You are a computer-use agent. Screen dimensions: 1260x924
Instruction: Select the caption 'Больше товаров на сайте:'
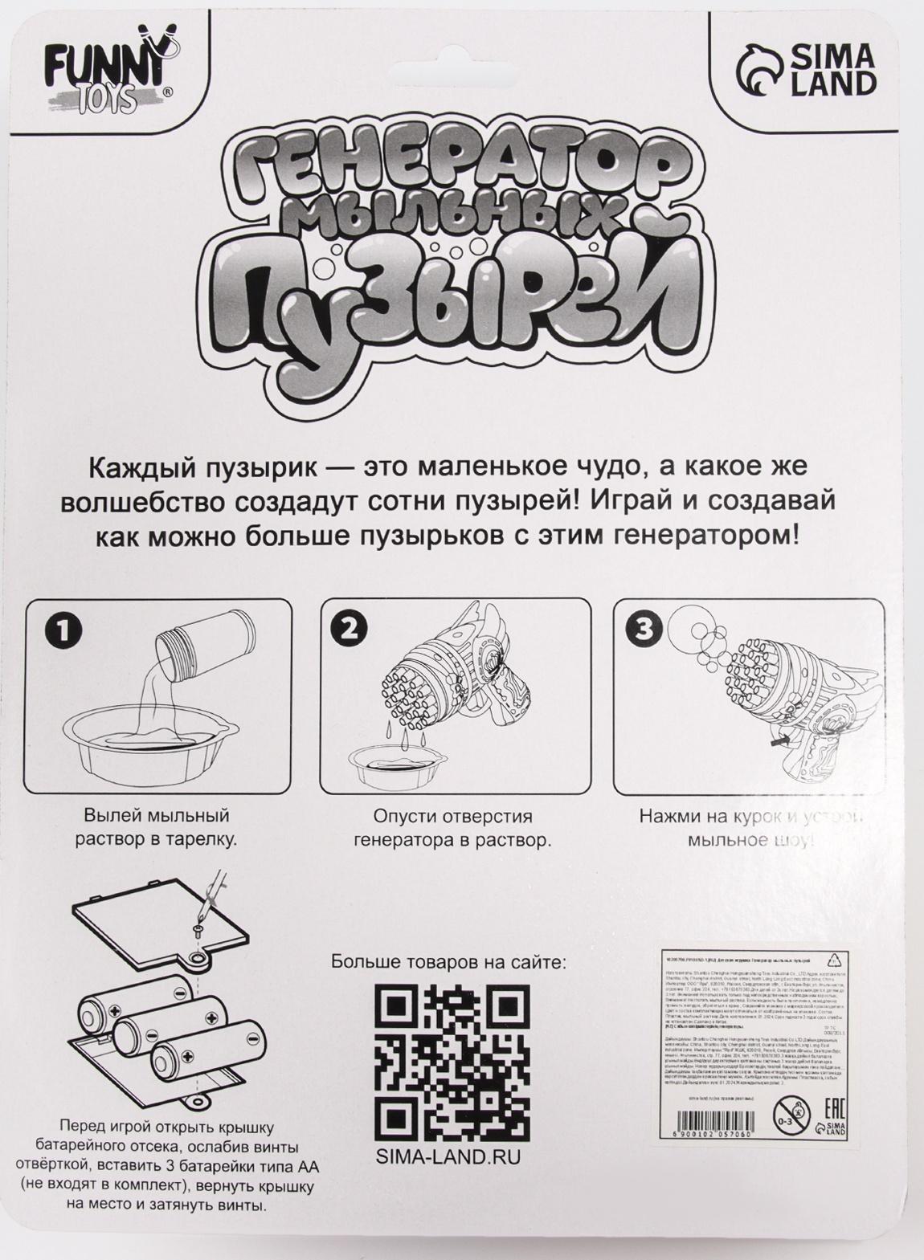point(449,962)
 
